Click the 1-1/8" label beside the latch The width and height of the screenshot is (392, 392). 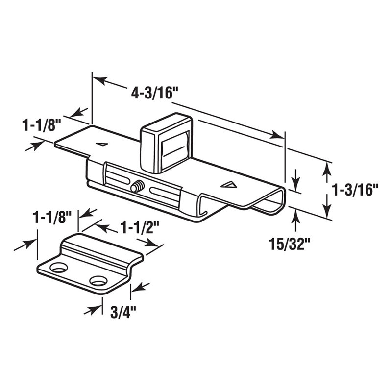point(41,125)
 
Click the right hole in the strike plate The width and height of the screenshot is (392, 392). point(98,281)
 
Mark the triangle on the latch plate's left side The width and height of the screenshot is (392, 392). point(102,144)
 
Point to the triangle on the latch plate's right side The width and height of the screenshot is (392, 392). point(228,185)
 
